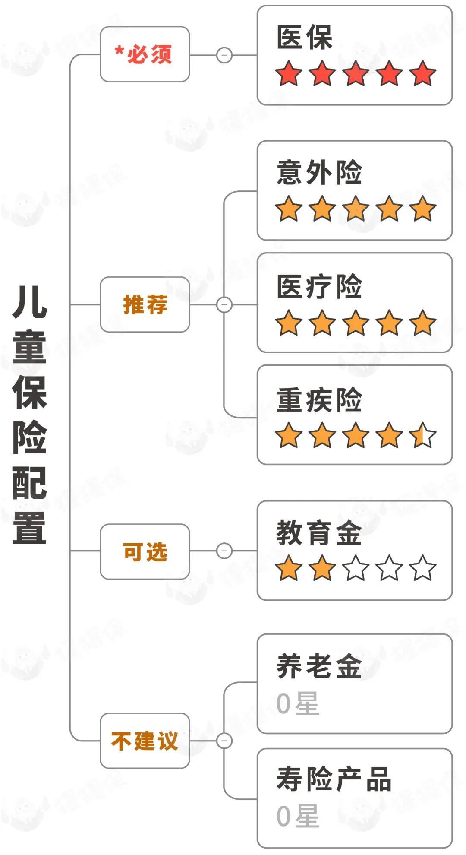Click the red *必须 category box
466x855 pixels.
click(145, 54)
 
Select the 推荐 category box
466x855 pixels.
click(145, 304)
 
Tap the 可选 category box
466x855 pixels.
click(145, 551)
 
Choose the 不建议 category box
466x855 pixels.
click(145, 741)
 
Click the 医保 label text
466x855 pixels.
click(304, 38)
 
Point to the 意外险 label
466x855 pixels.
click(319, 173)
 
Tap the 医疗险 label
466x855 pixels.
click(319, 286)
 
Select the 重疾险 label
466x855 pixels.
click(319, 400)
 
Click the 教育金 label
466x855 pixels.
click(319, 533)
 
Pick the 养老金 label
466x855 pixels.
click(319, 666)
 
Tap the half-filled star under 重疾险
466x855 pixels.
click(423, 435)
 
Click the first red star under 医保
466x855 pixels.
click(289, 73)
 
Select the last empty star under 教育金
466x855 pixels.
click(423, 568)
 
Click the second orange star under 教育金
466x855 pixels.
click(322, 568)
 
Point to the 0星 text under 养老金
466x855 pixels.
click(297, 703)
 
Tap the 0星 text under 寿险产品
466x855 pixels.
click(297, 816)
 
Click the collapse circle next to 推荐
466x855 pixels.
click(224, 304)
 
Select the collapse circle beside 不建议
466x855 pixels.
click(224, 741)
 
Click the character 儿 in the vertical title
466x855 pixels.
click(29, 302)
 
